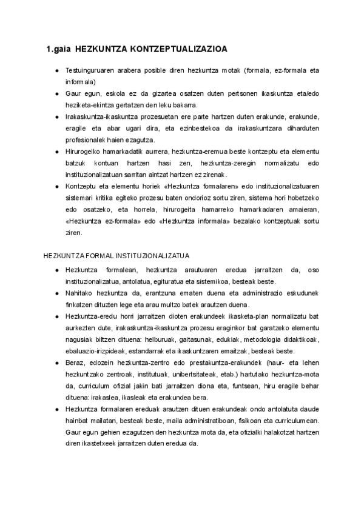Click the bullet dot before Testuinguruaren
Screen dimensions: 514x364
[56, 71]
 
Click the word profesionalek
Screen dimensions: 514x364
[87, 140]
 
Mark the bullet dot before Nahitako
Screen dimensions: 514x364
[56, 292]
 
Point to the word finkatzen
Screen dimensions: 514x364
[79, 304]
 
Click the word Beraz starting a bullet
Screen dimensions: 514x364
[75, 362]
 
